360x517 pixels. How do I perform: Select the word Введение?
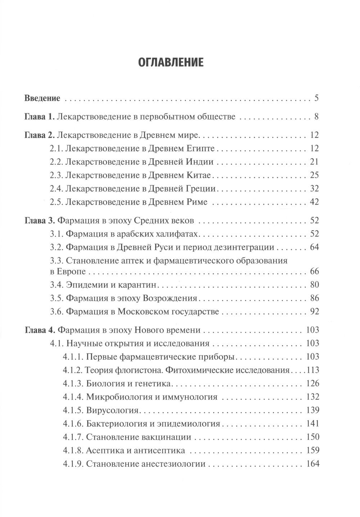point(42,98)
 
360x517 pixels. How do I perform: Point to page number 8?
point(316,117)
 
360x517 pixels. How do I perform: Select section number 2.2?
point(56,162)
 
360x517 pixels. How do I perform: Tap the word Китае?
point(198,175)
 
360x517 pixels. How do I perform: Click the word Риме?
point(197,202)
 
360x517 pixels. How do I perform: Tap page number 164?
point(312,464)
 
